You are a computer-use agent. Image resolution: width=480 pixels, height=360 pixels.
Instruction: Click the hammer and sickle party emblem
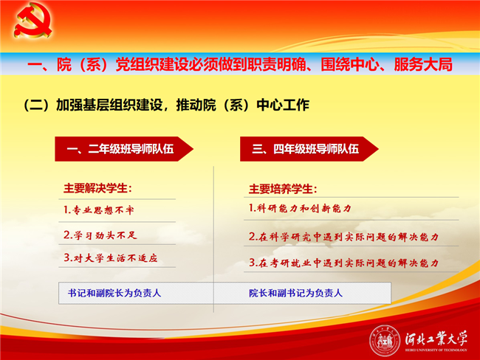tap(32, 20)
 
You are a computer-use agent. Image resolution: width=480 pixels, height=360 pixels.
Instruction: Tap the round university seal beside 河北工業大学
tap(385, 341)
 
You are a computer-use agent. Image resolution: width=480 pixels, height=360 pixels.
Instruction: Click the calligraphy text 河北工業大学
tap(436, 339)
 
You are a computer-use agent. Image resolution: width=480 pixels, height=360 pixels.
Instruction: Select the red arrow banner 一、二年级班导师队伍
tap(124, 149)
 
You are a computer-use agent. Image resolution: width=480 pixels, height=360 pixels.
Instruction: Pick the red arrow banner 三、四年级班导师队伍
tap(309, 149)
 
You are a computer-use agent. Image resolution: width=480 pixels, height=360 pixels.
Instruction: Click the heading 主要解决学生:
tap(97, 188)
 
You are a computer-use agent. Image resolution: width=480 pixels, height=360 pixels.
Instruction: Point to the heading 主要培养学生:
tap(283, 189)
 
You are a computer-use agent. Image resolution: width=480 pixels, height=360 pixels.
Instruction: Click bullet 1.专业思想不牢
tap(98, 210)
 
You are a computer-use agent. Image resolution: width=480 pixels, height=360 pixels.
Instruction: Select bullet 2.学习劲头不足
tap(100, 235)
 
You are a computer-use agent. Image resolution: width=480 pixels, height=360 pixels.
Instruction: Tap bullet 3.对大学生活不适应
tap(111, 258)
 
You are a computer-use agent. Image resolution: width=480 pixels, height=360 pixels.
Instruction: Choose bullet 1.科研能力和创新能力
tap(300, 209)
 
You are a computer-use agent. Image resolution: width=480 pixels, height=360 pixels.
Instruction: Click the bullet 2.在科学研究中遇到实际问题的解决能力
tap(343, 237)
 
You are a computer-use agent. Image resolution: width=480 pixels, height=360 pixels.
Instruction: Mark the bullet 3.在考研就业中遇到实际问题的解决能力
tap(343, 263)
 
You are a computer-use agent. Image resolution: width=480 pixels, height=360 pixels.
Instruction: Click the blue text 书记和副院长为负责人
tap(114, 293)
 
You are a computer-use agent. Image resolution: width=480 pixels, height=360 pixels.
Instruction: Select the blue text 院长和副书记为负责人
tap(295, 293)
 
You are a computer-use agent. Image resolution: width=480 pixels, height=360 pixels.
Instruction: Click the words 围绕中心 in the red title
tap(349, 64)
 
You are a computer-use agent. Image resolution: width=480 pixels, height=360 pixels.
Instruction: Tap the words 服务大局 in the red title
tap(423, 64)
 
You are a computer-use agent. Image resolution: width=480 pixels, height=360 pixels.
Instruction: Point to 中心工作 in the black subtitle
tap(283, 105)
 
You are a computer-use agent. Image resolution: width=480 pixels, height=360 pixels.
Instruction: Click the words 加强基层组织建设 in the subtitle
tap(109, 105)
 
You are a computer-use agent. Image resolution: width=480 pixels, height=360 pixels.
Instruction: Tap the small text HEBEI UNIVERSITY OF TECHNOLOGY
tap(436, 350)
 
